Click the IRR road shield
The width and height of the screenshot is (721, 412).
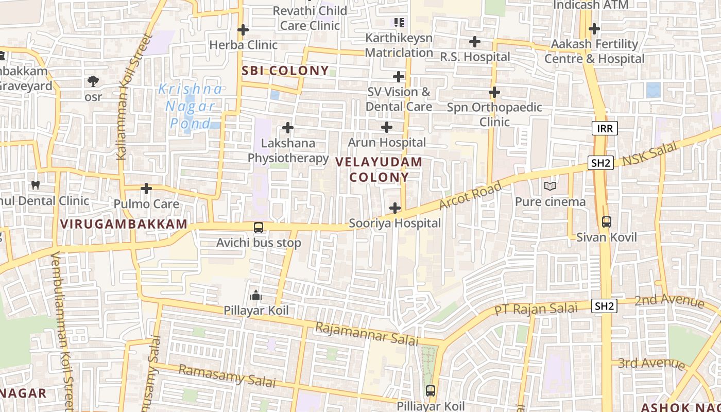coord(604,128)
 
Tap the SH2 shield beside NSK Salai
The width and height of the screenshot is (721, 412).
coord(600,163)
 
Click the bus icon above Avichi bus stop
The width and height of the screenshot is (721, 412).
coord(259,227)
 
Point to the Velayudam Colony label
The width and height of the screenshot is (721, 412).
coord(379,169)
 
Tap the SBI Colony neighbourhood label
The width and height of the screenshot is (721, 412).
coord(285,71)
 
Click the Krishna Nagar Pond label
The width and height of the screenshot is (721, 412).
coord(191,106)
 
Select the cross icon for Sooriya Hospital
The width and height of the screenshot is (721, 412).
coord(395,208)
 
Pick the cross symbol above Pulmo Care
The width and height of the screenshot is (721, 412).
coord(146,188)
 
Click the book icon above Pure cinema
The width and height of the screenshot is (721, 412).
coord(550,186)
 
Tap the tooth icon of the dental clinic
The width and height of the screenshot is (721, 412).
coord(36,185)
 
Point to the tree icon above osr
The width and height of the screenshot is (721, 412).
coord(93,81)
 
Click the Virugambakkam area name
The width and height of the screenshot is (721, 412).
coord(124,224)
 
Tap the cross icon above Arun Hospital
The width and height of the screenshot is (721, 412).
coord(387,127)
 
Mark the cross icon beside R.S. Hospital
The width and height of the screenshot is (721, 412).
coord(475,42)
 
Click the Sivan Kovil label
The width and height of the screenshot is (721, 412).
coord(606,237)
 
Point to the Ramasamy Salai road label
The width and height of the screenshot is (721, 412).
coord(227,375)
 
